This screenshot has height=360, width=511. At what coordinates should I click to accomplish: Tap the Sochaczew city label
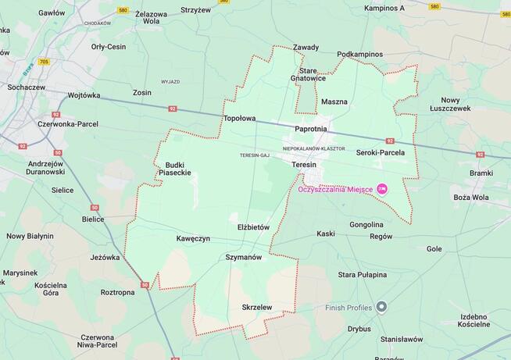[x=25, y=87]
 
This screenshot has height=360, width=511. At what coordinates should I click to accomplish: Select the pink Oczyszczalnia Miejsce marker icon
[x=382, y=188]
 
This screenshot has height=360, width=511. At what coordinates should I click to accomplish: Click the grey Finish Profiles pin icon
[x=381, y=306]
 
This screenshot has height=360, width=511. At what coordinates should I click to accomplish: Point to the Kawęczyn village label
[x=193, y=238]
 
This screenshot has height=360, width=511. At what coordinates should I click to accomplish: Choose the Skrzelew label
[x=256, y=307]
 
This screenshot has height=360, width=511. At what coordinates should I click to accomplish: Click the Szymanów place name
[x=243, y=257]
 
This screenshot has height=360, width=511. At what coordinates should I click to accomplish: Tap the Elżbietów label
[x=253, y=226]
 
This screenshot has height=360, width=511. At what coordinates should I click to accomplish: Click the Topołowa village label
[x=239, y=119]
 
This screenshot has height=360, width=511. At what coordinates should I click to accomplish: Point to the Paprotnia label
[x=311, y=128]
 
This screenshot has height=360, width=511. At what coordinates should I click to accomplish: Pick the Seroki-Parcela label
[x=381, y=152]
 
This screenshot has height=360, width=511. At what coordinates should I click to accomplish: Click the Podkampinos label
[x=360, y=55]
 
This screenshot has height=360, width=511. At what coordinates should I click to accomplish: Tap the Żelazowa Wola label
[x=152, y=18]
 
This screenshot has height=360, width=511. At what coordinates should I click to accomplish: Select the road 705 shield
[x=43, y=61]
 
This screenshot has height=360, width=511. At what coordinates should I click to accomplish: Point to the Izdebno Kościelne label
[x=473, y=319]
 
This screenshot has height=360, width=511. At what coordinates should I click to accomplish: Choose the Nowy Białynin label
[x=30, y=236]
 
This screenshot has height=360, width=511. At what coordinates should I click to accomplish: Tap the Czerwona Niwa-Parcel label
[x=98, y=340]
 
